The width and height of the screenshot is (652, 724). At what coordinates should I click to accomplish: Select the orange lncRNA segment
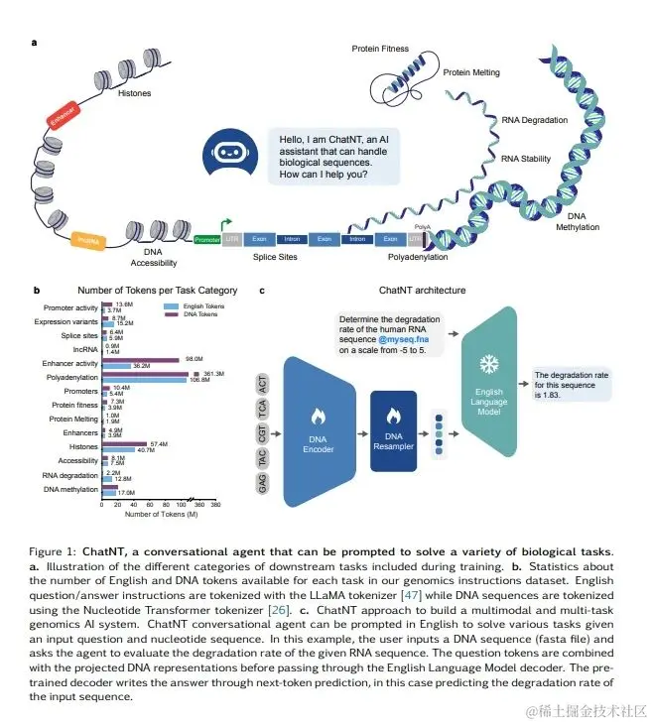[89, 239]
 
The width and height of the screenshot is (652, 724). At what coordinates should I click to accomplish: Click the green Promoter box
[207, 240]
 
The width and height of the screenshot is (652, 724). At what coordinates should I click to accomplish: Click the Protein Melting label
[470, 72]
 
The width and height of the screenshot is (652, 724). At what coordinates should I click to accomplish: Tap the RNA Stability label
[527, 158]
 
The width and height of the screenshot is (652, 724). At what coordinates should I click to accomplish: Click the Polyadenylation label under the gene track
[417, 257]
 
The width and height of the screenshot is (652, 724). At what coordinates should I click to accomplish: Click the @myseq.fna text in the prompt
[403, 340]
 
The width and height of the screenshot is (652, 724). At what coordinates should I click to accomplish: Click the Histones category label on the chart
[82, 448]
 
